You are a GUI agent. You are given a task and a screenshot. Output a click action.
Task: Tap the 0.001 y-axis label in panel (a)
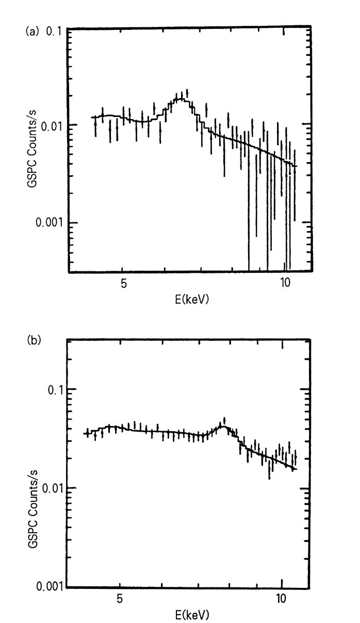[47, 223]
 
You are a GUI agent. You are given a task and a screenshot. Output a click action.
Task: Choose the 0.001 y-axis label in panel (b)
[47, 587]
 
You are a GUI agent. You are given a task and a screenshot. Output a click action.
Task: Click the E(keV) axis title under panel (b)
[191, 614]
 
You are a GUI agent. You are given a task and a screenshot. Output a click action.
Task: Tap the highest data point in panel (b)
[224, 420]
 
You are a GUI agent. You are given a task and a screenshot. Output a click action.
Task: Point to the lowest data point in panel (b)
[269, 469]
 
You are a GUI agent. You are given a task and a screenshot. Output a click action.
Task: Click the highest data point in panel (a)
[187, 93]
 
